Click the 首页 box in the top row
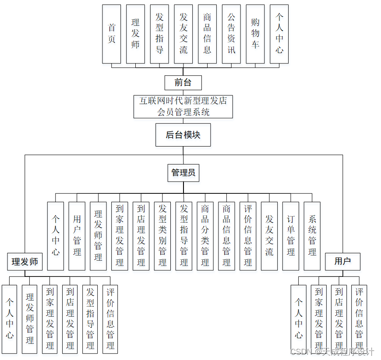tap(111, 34)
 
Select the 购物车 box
tap(255, 34)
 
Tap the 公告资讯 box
tap(231, 34)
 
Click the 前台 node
tap(183, 83)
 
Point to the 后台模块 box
tap(183, 135)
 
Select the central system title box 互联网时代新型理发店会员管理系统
tap(183, 106)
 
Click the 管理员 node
tap(183, 173)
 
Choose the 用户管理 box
tap(77, 236)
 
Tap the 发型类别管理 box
tap(162, 236)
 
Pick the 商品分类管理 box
tap(205, 236)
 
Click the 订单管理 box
tap(291, 236)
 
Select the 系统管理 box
tap(312, 236)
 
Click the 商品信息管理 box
tap(226, 236)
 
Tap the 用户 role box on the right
tap(342, 261)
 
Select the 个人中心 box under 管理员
tap(56, 236)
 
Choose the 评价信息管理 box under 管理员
tap(248, 236)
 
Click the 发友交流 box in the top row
tap(183, 34)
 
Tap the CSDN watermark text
tap(332, 352)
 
